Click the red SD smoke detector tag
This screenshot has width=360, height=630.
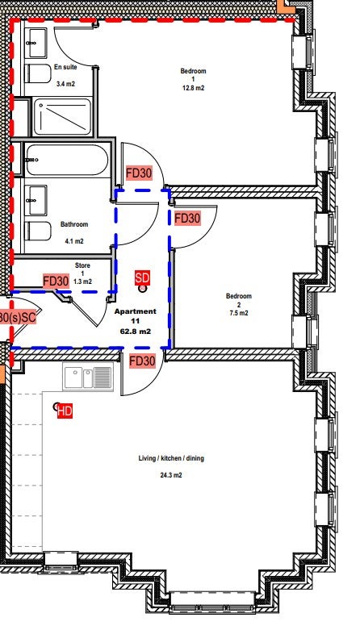coord(142,277)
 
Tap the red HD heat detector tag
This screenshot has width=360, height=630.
coord(65,411)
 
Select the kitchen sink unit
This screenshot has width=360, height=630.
coord(88,377)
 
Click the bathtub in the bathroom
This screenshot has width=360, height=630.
coord(66,160)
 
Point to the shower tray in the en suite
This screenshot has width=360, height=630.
coord(62,116)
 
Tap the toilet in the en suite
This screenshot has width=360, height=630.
coord(38,73)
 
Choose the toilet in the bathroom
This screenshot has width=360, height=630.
coord(38,231)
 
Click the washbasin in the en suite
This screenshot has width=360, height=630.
coord(36,43)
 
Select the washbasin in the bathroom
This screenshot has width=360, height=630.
coord(36,200)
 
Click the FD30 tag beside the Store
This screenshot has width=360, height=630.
coord(56,282)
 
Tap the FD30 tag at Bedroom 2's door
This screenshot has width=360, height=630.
coord(187,219)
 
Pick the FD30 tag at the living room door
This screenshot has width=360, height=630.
coord(142,361)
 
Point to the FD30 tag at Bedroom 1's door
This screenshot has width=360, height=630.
coord(139,173)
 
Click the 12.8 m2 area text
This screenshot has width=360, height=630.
coord(194,88)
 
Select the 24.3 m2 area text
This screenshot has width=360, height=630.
coord(171,475)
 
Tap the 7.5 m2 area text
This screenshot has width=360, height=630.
coord(239,313)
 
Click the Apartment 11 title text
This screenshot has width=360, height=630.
coord(135,316)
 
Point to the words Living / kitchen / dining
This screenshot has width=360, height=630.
coord(171,458)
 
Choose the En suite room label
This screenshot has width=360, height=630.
coord(65,67)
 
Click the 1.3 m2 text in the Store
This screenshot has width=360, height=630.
coord(83,282)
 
